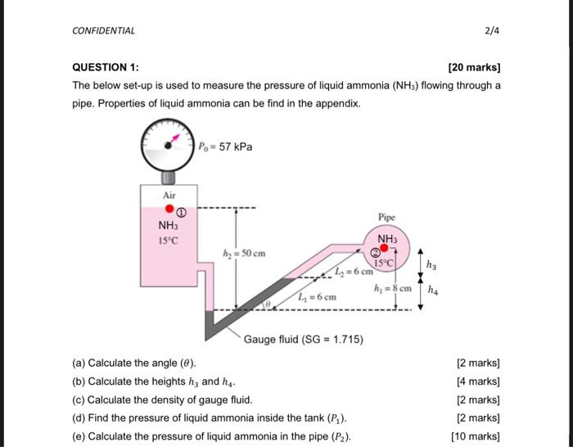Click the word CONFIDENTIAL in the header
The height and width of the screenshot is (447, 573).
point(104,31)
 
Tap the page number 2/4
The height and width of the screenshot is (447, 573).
point(491,31)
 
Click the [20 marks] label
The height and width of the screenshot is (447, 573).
point(475,68)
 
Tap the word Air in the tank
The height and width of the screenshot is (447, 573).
point(169,195)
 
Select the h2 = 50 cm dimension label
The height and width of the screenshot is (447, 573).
point(245,254)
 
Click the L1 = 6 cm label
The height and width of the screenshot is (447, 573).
point(318,296)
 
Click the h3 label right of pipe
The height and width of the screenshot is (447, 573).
point(433,264)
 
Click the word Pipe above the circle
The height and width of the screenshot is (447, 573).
point(387,218)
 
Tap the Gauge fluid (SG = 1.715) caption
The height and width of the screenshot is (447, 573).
point(304,339)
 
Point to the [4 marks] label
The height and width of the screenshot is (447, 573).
point(477,382)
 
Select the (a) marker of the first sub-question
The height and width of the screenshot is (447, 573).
point(79,363)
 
